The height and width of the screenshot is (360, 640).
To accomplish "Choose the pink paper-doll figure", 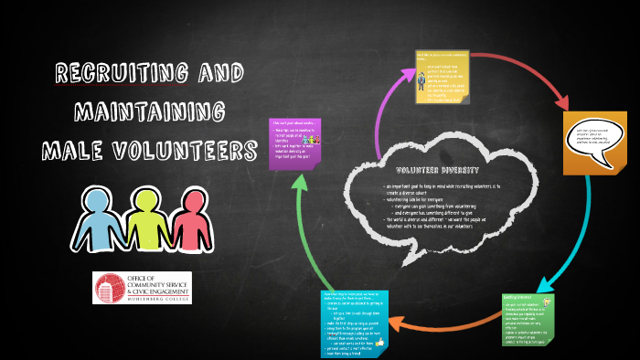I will pyautogui.click(x=187, y=223).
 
